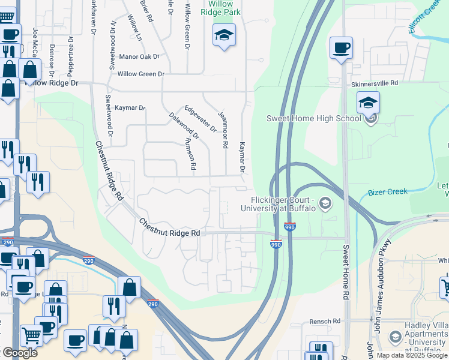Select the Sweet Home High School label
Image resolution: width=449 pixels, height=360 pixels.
(314, 118)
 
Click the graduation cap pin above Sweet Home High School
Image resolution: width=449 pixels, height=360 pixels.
(368, 103)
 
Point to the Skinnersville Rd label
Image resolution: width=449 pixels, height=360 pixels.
(375, 83)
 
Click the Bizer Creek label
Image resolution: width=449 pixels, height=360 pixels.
(387, 192)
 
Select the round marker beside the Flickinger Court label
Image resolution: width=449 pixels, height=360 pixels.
(325, 203)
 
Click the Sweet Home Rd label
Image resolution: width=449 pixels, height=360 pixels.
(346, 272)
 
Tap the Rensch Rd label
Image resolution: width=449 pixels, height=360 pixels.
(325, 322)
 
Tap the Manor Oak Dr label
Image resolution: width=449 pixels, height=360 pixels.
(139, 57)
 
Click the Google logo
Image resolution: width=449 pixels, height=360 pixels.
(20, 353)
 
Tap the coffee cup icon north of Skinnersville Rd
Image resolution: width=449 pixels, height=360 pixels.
(341, 48)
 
